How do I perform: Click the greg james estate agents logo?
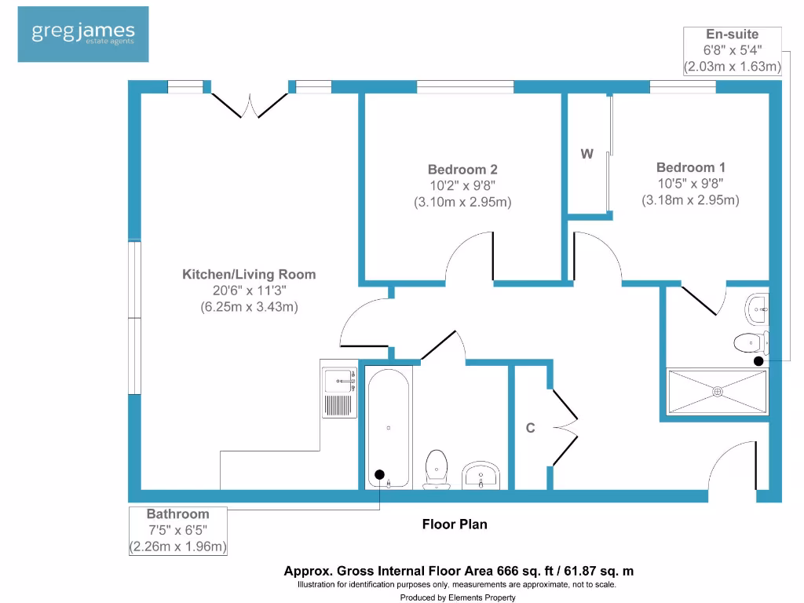82,34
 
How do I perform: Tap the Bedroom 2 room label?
462,170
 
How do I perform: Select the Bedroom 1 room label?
690,167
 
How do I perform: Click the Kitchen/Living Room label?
249,275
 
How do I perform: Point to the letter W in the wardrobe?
587,155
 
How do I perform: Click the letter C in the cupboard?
530,428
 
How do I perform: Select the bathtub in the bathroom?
389,427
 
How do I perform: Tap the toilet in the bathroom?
435,468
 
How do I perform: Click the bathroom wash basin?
481,474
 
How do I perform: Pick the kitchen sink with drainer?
340,390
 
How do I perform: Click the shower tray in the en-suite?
716,391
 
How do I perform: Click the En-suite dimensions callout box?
732,51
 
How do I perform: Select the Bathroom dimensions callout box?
178,531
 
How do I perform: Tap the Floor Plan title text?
455,524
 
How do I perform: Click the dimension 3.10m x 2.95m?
462,202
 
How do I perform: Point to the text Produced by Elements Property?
457,598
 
